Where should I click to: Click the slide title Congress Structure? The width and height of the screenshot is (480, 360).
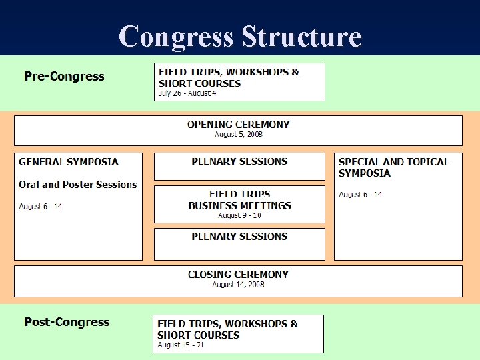point(240,36)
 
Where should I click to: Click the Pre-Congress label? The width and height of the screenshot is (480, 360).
point(65,76)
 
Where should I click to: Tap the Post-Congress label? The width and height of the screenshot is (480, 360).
point(67,322)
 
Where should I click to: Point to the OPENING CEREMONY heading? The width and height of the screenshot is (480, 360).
point(239,124)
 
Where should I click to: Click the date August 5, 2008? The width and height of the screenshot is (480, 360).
point(239,134)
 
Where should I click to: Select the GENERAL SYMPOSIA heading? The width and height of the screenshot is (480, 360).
point(69,161)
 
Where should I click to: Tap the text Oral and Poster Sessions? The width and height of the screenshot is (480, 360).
point(77,185)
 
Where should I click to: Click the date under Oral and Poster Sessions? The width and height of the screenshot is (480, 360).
point(41,206)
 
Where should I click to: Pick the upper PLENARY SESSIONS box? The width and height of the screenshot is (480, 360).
point(239,167)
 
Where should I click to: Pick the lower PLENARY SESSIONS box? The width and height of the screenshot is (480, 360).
point(239,244)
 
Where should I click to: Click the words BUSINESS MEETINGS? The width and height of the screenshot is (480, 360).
point(240,205)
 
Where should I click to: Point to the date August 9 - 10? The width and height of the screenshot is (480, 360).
point(239,215)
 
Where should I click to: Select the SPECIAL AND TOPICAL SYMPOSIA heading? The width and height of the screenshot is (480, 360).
point(393,167)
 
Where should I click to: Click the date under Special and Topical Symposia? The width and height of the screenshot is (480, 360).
point(361,195)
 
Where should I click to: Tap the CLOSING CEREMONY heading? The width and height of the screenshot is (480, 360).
point(239,274)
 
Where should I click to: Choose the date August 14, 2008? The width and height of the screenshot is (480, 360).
point(239,284)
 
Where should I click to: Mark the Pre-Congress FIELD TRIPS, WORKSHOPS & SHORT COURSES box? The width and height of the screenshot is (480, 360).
point(239,81)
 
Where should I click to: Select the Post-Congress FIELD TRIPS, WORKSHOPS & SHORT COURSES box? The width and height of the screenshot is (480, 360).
point(238,333)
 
